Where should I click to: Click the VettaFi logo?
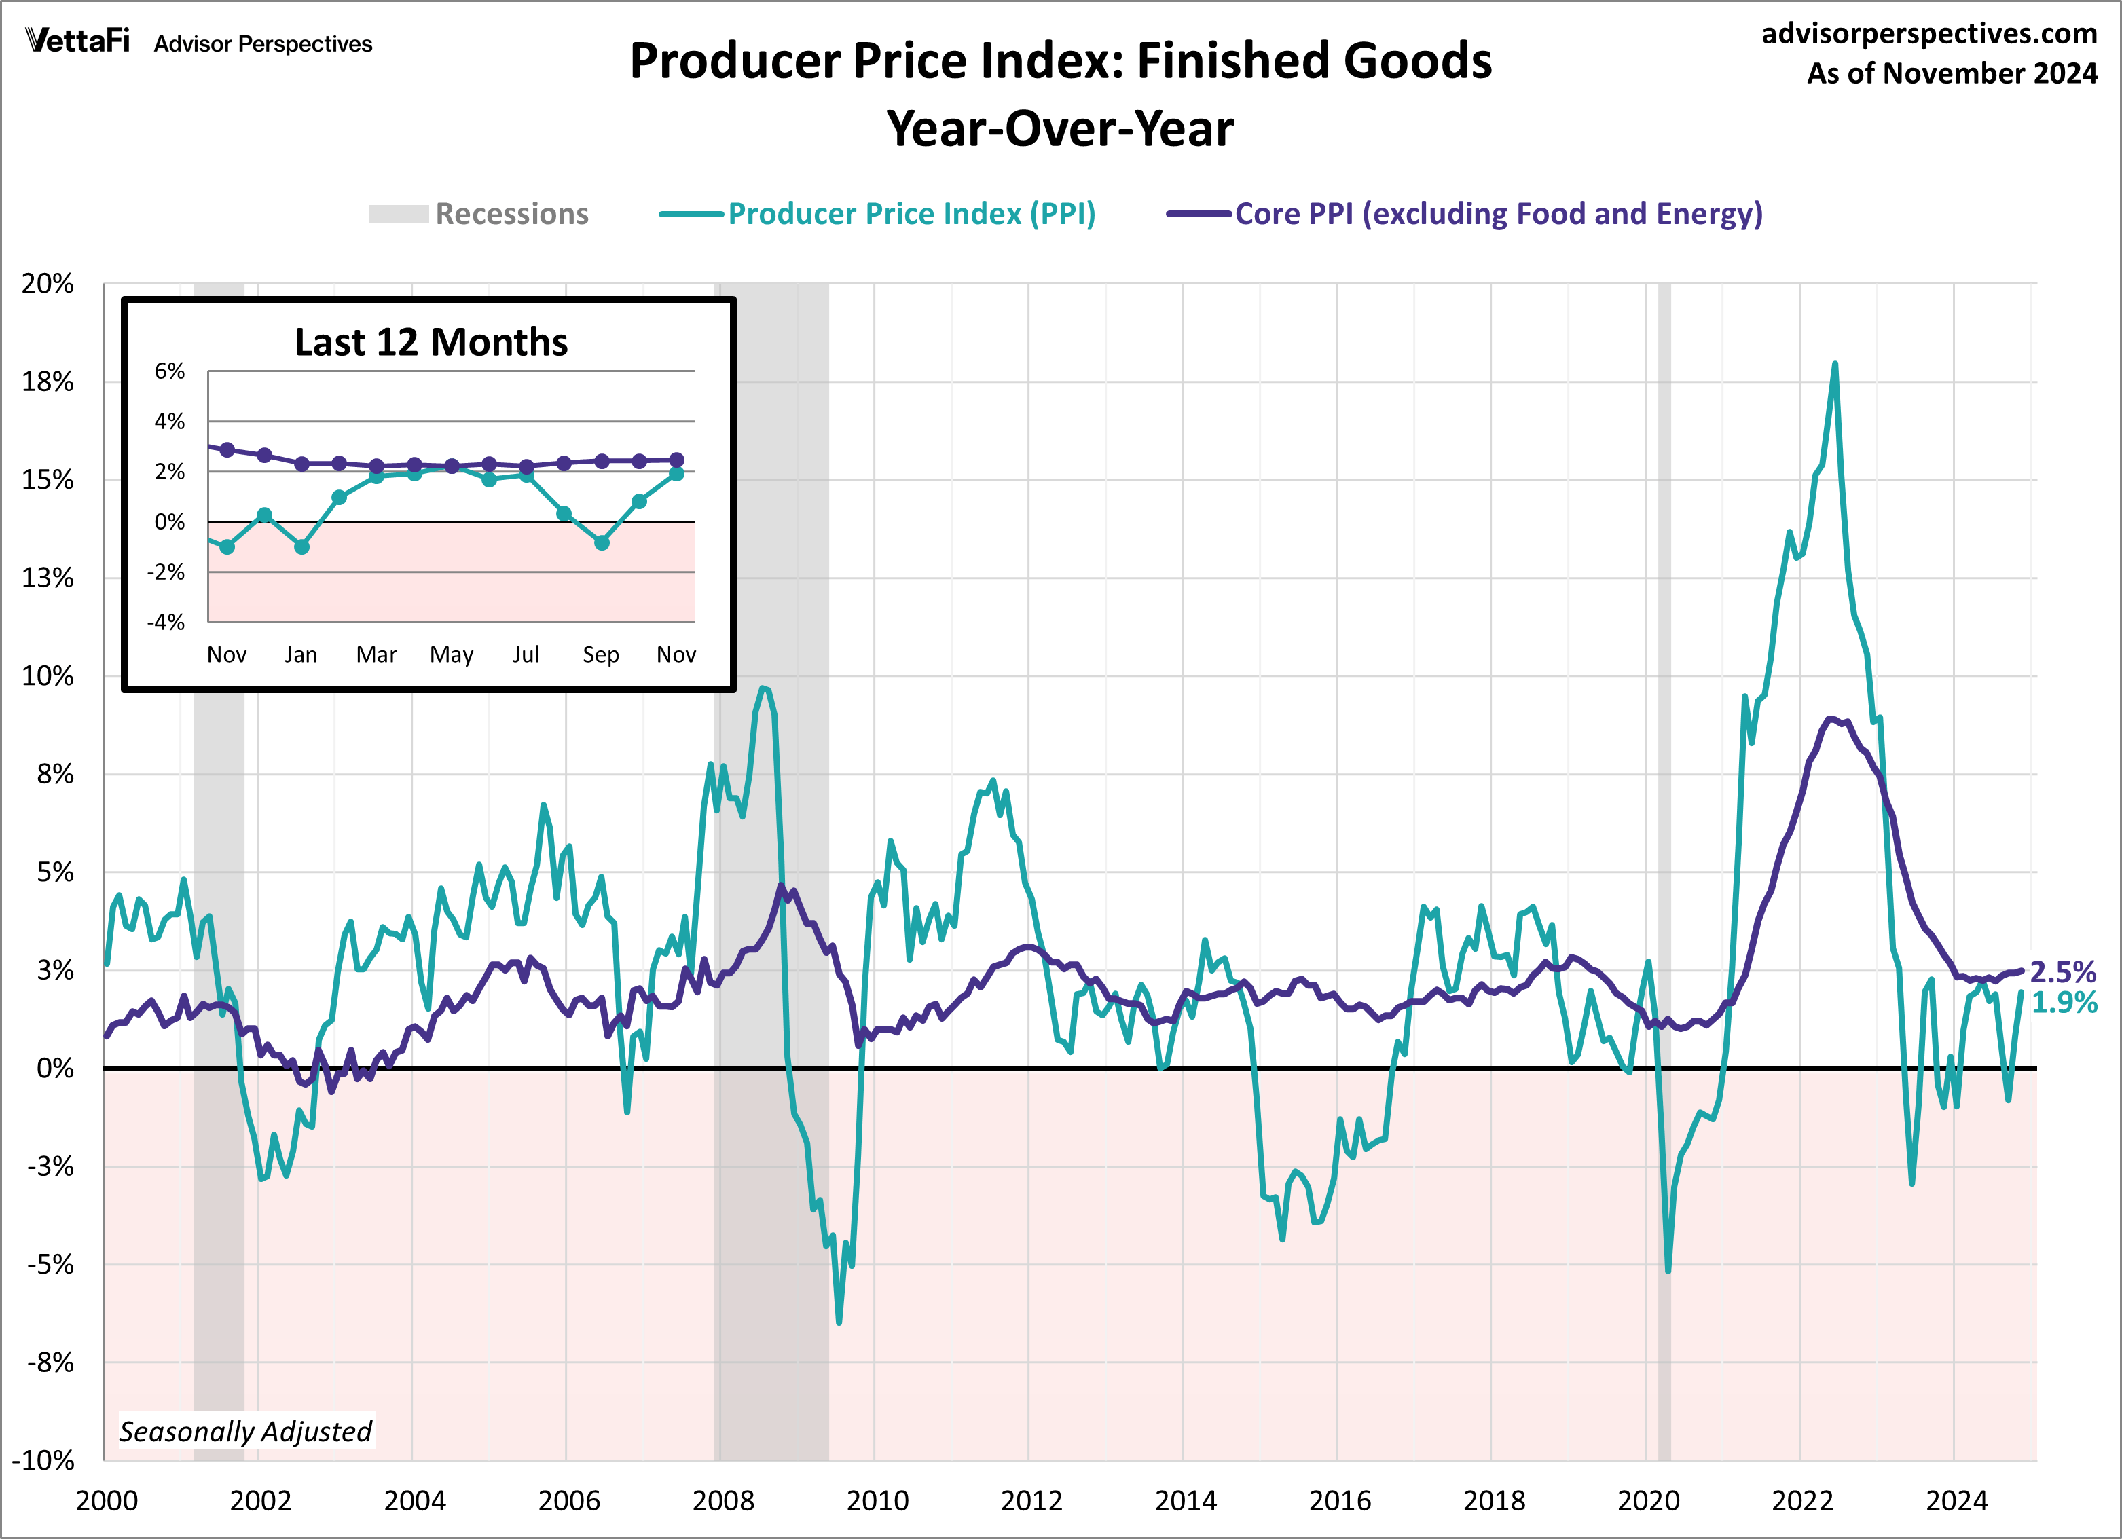(x=77, y=41)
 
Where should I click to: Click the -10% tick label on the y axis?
(x=43, y=1460)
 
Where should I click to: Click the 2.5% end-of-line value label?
(x=2062, y=972)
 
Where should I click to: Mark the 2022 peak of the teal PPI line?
(x=1834, y=365)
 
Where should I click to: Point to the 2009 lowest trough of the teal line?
(x=839, y=1322)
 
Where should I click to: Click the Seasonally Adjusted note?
(x=245, y=1432)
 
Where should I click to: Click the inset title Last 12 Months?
(x=431, y=342)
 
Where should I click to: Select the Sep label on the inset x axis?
(x=601, y=655)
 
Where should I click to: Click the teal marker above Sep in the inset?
(x=602, y=542)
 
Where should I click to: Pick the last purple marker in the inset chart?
(x=676, y=460)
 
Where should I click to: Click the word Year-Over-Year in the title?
(x=1060, y=129)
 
